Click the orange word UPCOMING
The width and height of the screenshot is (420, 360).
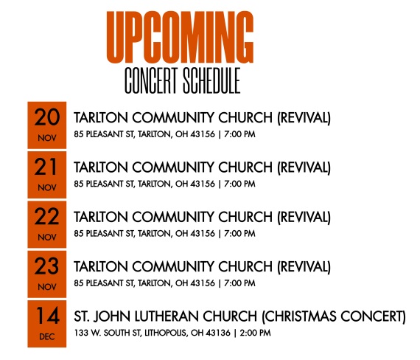pyautogui.click(x=180, y=37)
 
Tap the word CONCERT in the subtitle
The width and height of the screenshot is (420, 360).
pyautogui.click(x=151, y=80)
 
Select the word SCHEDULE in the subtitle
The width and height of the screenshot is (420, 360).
pyautogui.click(x=211, y=80)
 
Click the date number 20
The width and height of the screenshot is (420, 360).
pyautogui.click(x=47, y=117)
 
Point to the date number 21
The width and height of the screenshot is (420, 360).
pyautogui.click(x=46, y=167)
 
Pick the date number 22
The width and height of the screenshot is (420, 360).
pyautogui.click(x=46, y=216)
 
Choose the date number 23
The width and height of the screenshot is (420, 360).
pyautogui.click(x=46, y=266)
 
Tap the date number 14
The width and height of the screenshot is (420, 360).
pyautogui.click(x=47, y=316)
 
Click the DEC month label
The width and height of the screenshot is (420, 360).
pyautogui.click(x=47, y=336)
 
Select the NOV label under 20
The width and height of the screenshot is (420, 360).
pyautogui.click(x=47, y=138)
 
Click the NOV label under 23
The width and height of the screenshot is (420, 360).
pyautogui.click(x=47, y=287)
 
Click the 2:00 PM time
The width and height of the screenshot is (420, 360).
pyautogui.click(x=255, y=333)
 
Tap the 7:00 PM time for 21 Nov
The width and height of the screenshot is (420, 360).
pyautogui.click(x=239, y=184)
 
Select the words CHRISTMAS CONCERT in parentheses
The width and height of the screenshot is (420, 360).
pyautogui.click(x=334, y=316)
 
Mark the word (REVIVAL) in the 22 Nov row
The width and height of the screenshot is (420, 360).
pyautogui.click(x=304, y=217)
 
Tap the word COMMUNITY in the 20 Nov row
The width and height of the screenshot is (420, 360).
pyautogui.click(x=173, y=118)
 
